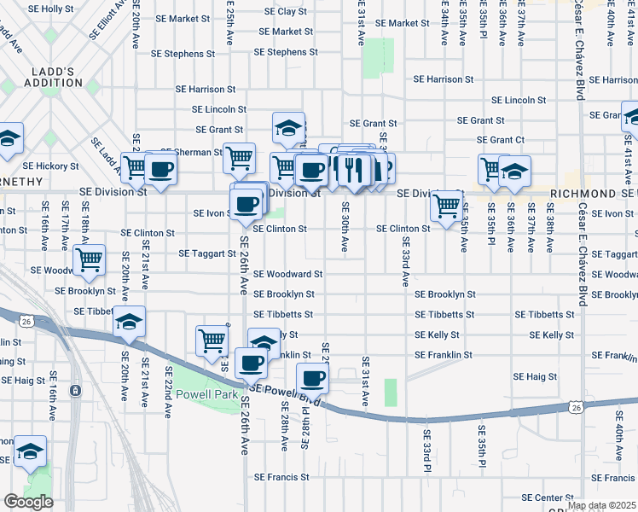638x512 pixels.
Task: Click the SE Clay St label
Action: point(286,12)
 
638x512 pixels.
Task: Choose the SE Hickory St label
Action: point(50,166)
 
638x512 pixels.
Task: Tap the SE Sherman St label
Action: point(191,151)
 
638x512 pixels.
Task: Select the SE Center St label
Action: point(548,497)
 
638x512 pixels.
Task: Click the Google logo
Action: point(28,502)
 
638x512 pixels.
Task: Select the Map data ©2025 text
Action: point(601,505)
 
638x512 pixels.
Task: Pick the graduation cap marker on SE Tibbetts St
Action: point(129,322)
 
